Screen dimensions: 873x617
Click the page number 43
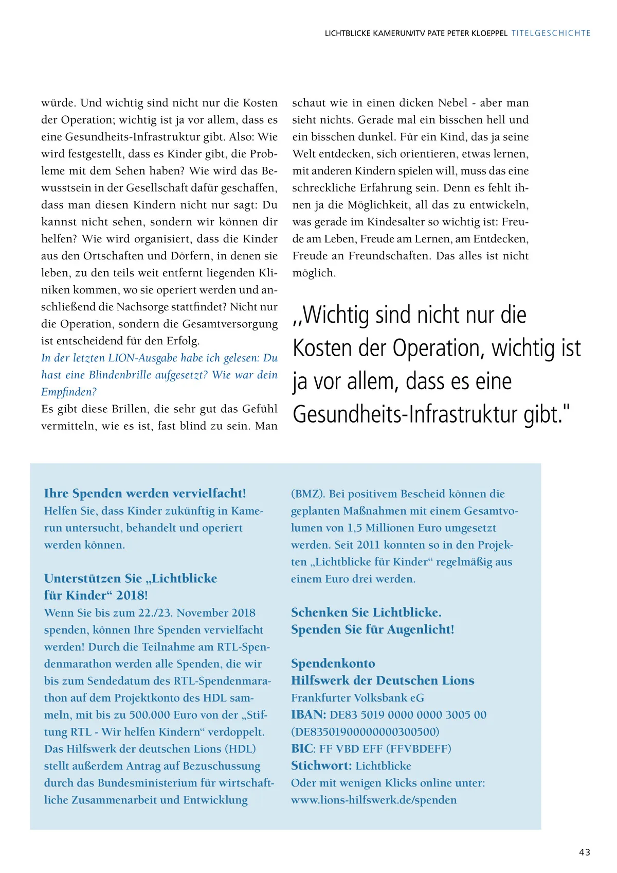(585, 852)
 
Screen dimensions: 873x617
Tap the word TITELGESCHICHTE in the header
(551, 33)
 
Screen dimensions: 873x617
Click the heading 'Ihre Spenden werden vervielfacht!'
(145, 493)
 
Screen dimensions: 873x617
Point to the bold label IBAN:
(308, 714)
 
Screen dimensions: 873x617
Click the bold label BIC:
(303, 748)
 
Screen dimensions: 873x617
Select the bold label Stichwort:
(321, 765)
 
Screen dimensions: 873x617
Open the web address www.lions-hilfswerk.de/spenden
(374, 799)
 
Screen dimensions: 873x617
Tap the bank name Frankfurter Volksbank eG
(358, 697)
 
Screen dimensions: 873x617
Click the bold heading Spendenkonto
(333, 663)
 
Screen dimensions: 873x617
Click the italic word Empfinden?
(69, 392)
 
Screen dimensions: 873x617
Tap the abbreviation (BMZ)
(307, 494)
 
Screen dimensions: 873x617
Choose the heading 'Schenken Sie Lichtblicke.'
(366, 612)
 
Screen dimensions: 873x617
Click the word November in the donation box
(203, 613)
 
